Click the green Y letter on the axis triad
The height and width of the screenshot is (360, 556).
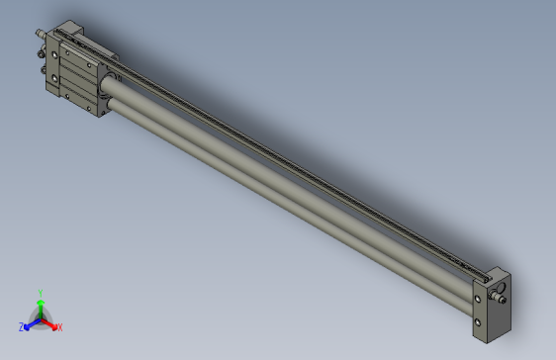pos(41,293)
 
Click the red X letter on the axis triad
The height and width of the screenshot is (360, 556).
pos(60,326)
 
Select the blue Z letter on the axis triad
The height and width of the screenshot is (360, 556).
pos(21,327)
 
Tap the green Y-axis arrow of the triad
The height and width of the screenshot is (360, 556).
pos(41,307)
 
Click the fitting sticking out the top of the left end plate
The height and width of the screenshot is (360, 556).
pos(41,33)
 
